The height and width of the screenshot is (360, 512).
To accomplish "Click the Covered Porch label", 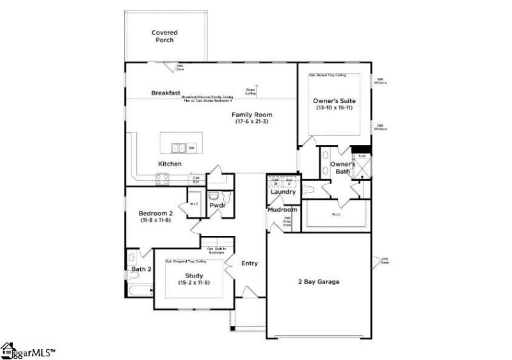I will point(164,36).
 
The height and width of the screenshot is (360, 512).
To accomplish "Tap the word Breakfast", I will point(166,93).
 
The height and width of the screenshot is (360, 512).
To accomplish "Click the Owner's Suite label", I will point(334,101).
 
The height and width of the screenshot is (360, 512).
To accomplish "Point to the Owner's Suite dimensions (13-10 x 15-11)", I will point(334,109).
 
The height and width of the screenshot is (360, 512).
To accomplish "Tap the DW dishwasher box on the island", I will point(191,148).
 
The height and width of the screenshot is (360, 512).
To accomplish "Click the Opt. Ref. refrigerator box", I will point(196,180).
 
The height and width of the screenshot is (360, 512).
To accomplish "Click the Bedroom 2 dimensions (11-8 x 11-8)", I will point(156,220).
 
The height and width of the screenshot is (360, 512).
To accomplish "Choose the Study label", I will point(194,276).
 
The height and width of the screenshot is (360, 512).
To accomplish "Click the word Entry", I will point(250,263).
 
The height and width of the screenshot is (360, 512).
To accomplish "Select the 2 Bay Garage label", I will point(318,281).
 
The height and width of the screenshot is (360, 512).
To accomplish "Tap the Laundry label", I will point(283,192).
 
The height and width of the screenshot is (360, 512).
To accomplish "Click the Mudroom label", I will point(282,209).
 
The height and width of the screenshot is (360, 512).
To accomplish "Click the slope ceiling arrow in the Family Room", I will point(256,88).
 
